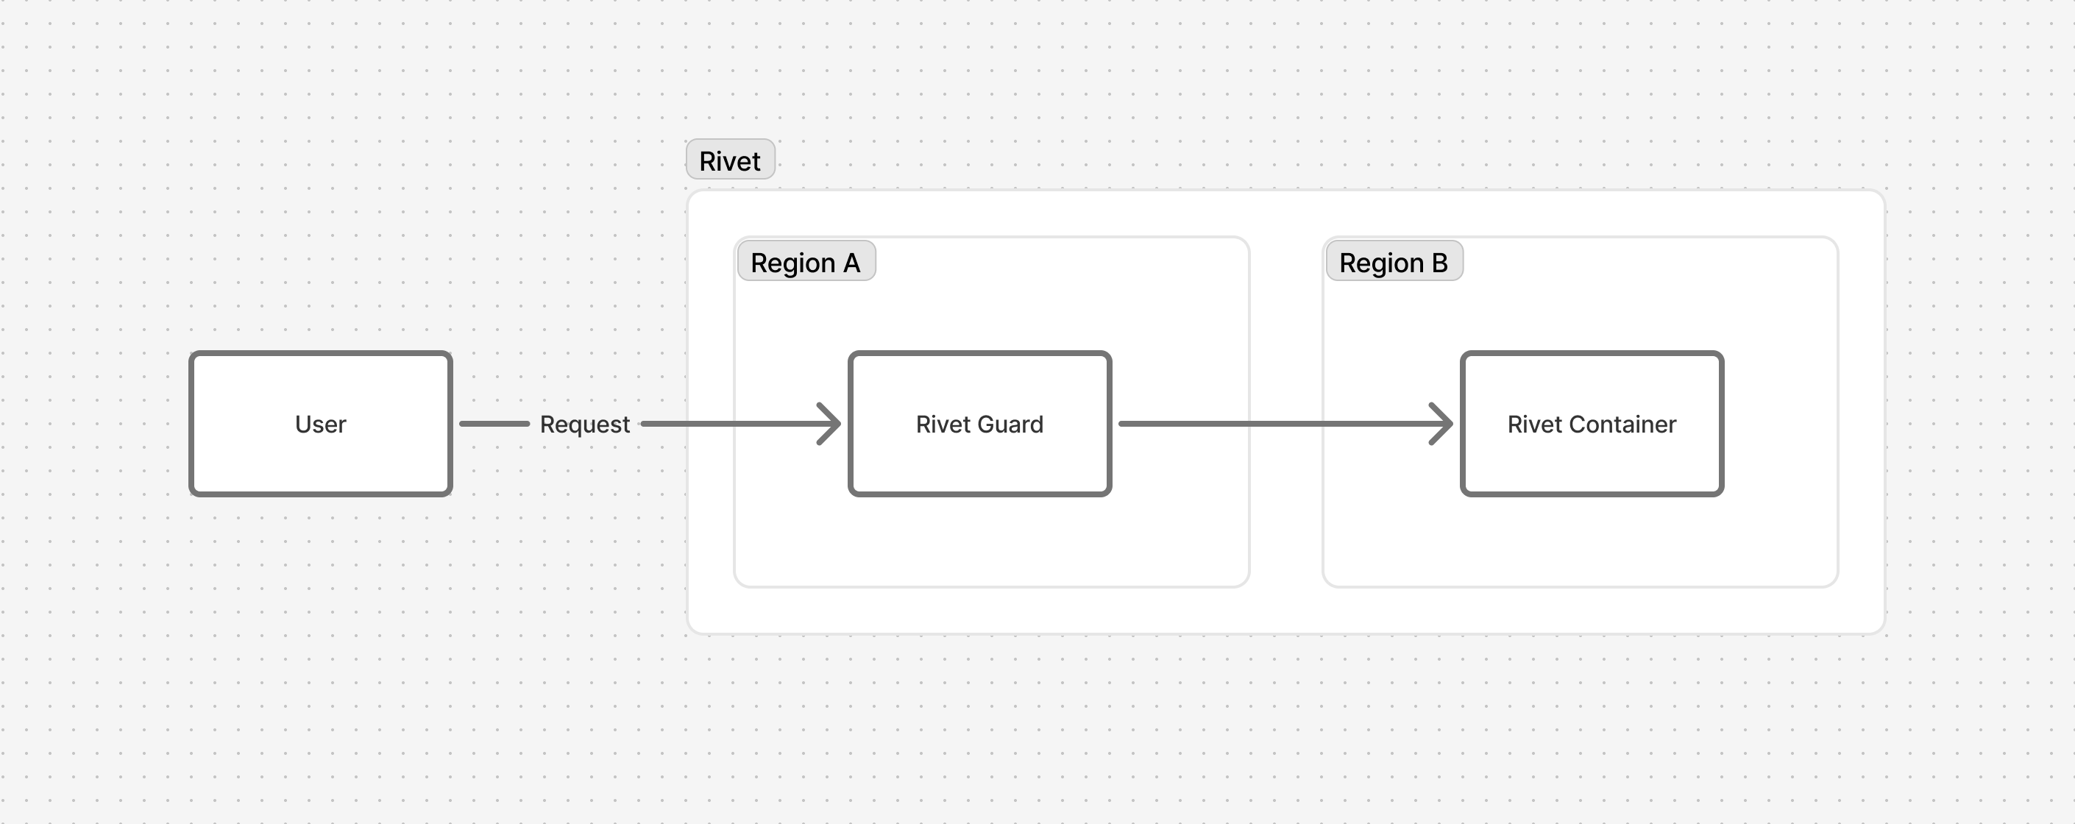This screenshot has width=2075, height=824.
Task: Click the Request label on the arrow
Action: point(585,425)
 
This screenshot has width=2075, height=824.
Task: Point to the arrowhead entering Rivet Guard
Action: point(831,424)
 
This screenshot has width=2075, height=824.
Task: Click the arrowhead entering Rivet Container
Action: point(1444,424)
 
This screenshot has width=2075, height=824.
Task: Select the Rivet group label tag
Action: point(730,160)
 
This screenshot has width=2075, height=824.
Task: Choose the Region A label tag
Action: point(806,262)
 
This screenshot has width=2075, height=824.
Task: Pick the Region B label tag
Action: point(1394,262)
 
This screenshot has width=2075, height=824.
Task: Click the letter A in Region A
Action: point(851,263)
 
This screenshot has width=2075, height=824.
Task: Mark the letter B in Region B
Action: point(1439,263)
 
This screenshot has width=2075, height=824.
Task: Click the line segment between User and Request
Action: point(494,424)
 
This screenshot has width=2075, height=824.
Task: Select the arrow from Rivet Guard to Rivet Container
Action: point(1281,424)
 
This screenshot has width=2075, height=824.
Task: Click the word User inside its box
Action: point(321,425)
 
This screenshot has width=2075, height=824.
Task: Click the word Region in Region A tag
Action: point(792,263)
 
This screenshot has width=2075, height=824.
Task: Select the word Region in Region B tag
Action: point(1380,263)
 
